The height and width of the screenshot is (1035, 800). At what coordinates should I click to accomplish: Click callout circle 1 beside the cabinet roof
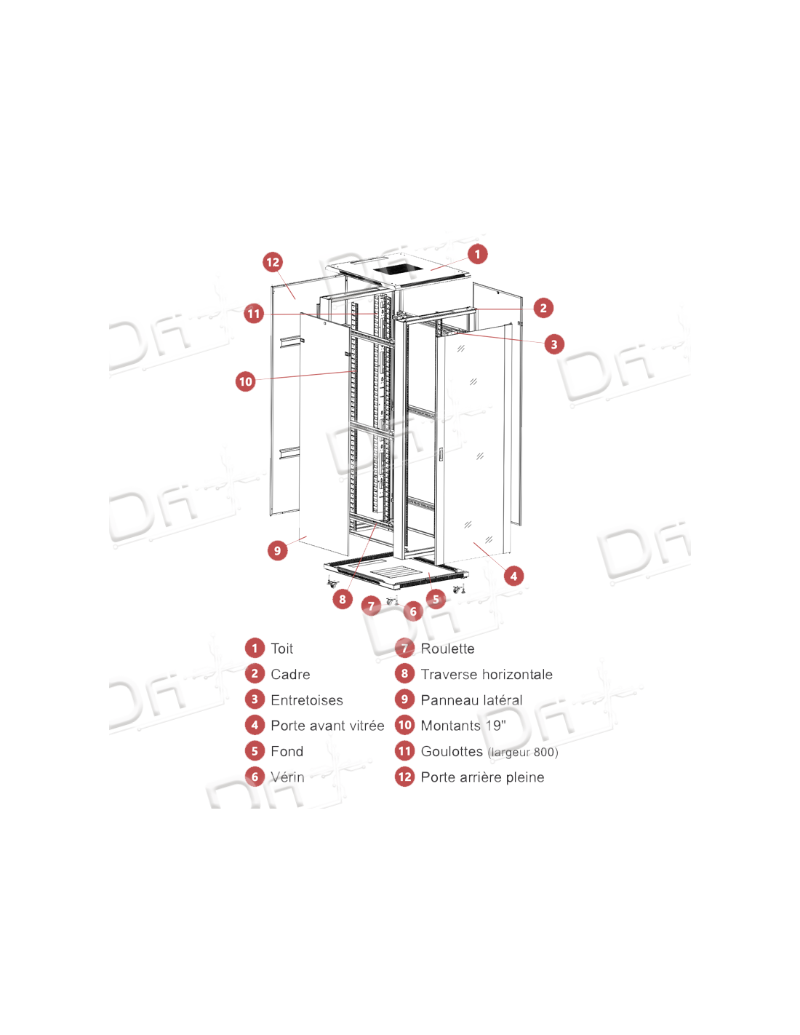coord(477,254)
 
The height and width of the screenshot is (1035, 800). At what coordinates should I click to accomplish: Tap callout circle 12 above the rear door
coord(273,262)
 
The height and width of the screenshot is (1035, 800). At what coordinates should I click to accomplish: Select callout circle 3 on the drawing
coord(554,344)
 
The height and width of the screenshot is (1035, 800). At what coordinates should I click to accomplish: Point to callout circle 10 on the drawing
coord(246,381)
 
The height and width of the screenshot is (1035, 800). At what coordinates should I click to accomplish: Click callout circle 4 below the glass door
coord(513,576)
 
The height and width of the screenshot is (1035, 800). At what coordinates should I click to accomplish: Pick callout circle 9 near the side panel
coord(277,551)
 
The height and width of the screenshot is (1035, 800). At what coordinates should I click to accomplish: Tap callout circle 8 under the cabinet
coord(343,599)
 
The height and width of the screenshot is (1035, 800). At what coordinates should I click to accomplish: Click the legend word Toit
coord(281,649)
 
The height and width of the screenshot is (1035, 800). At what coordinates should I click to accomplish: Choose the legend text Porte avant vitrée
coord(327,726)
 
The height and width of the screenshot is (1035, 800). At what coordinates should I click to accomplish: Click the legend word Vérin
coord(287,777)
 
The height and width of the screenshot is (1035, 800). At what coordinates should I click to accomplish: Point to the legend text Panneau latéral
coord(471,700)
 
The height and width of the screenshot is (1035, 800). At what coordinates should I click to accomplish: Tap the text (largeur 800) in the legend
coord(523,752)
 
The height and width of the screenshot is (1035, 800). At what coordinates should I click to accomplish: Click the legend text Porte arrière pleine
coord(482,777)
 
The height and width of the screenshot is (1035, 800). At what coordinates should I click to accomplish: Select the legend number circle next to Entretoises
coord(255,699)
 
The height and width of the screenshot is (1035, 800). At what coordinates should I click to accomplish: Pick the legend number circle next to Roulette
coord(404,648)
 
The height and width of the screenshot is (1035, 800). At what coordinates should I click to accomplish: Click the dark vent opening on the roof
coord(394,270)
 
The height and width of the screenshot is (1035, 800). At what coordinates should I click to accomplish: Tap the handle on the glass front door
coord(440,454)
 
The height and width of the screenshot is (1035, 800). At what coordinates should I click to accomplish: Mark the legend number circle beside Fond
coord(255,750)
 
